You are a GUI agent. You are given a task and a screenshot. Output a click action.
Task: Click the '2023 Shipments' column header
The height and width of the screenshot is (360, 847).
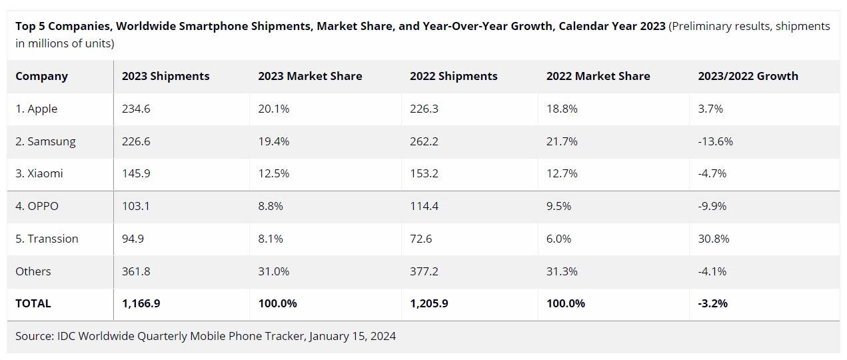point(165,76)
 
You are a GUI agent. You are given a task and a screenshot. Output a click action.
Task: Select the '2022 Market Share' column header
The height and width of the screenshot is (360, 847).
point(598,76)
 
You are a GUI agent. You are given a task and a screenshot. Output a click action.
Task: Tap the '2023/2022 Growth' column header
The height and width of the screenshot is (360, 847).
point(748,76)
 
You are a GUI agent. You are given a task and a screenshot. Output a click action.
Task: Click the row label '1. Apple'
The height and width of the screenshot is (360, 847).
point(37,109)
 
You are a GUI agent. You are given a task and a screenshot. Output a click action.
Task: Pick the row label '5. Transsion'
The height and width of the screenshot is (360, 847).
point(47,239)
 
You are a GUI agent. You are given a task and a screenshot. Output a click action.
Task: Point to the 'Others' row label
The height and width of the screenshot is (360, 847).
point(33,271)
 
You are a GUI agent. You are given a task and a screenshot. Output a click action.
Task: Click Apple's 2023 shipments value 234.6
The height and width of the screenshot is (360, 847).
point(136,109)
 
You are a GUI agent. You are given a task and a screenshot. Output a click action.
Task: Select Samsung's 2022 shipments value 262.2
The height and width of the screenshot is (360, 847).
point(424,141)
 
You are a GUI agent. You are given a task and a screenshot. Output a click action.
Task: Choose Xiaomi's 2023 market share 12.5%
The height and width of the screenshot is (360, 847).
point(273,173)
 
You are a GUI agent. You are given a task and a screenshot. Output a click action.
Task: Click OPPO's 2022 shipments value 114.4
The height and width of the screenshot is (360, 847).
point(424,206)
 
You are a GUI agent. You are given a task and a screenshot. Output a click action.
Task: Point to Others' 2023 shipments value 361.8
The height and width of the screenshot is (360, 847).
point(136,271)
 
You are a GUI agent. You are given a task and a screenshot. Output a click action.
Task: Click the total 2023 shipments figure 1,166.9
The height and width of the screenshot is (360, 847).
point(141,303)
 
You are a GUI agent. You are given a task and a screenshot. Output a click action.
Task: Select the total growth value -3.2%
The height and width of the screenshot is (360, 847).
point(712,303)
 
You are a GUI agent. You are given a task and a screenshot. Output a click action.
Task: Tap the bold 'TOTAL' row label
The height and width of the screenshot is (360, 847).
point(33,303)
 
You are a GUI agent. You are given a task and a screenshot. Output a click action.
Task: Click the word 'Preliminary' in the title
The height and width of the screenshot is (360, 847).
point(702,26)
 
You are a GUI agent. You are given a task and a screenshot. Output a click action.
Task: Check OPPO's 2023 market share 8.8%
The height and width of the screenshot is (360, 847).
point(271,206)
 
